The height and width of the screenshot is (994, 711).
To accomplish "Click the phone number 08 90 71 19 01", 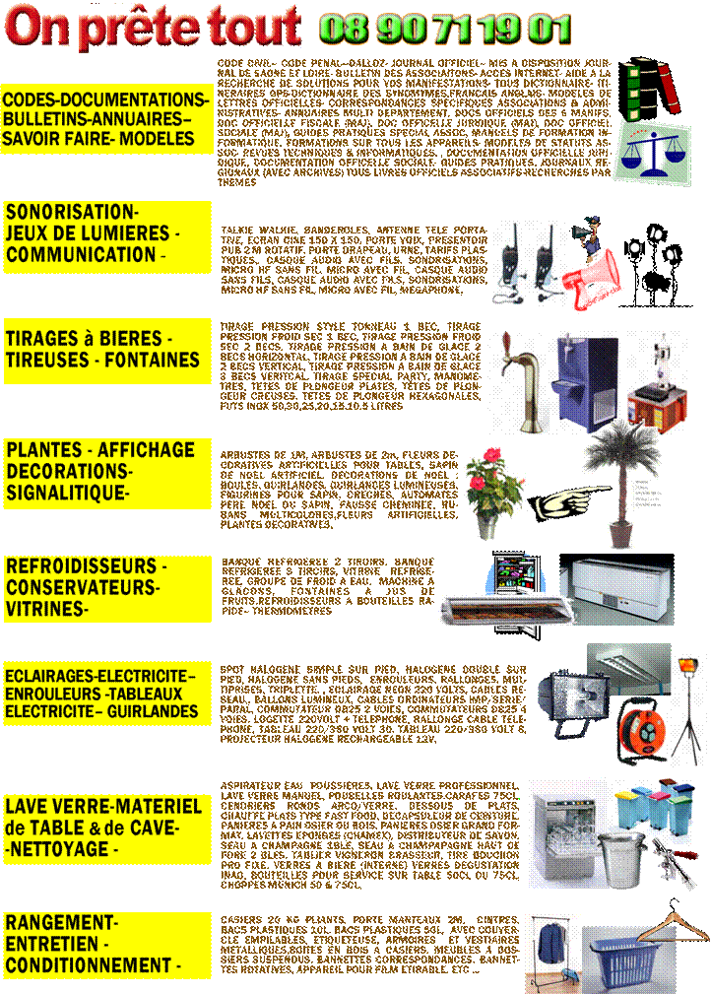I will pos(444,29).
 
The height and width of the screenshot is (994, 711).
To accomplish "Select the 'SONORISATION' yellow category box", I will pos(106,234).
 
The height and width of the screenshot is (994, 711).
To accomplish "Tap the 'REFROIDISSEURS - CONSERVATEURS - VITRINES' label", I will pos(106,589).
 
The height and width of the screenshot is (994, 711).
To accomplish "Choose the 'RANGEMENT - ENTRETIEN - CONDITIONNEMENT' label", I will pos(106,945).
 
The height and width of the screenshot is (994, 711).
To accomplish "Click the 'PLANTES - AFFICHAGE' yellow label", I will pos(106,471).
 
